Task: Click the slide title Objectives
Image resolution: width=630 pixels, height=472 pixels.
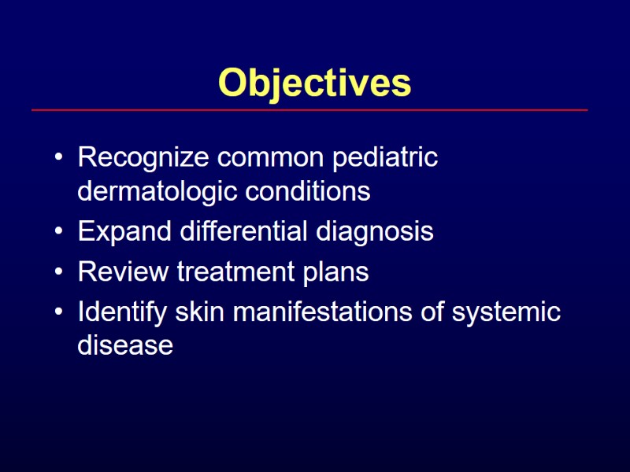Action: click(x=314, y=83)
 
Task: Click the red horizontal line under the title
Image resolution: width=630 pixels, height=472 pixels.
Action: click(x=309, y=110)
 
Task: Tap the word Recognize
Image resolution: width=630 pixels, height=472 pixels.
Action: click(x=144, y=159)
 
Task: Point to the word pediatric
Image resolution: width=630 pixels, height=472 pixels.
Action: click(x=385, y=159)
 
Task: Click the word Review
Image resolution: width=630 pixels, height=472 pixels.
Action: click(x=123, y=272)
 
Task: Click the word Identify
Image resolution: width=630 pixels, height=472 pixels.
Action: click(x=122, y=312)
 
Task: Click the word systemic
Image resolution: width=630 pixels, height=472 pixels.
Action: click(x=506, y=313)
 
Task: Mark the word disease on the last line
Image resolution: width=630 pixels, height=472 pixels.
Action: click(x=125, y=345)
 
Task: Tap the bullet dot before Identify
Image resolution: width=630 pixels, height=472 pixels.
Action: click(x=60, y=314)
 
